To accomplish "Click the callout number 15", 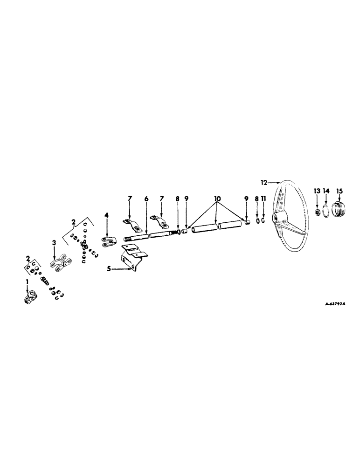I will (x=339, y=191).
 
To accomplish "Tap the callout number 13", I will (x=317, y=191).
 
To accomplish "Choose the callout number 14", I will (x=326, y=191).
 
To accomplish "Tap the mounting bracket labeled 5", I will (x=132, y=259).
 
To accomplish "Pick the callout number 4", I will (x=106, y=215).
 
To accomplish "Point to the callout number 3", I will (x=54, y=242).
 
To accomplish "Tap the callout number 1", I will (x=27, y=282).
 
